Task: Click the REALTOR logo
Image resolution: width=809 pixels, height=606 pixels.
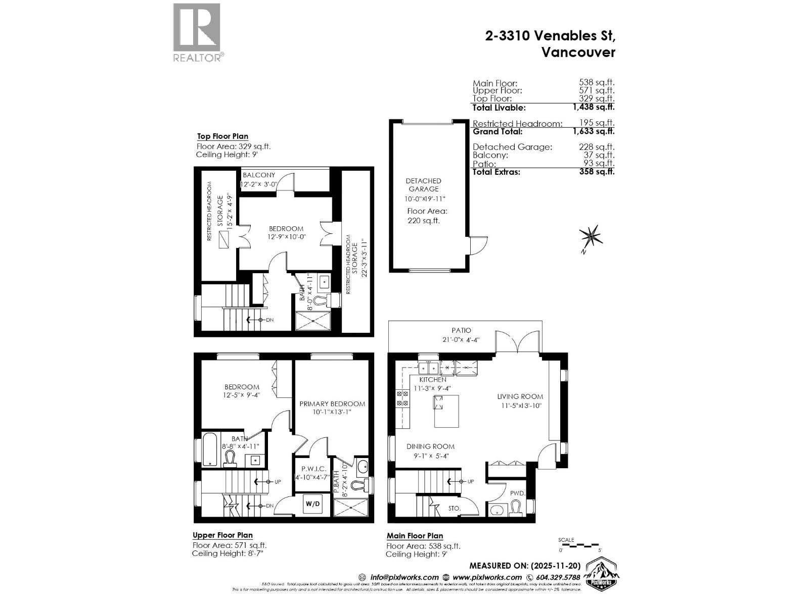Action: click(x=197, y=32)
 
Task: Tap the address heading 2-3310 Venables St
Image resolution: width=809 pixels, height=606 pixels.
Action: click(x=550, y=36)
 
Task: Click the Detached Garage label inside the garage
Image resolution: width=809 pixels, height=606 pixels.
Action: click(x=423, y=185)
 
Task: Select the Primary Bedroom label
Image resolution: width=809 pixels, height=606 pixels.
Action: click(x=332, y=403)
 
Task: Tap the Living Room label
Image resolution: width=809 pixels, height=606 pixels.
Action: click(x=520, y=396)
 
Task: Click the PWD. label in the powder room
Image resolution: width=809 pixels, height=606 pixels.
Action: click(x=518, y=493)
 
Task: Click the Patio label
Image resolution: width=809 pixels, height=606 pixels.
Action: click(x=462, y=330)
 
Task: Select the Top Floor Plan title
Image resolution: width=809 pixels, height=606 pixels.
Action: click(x=222, y=136)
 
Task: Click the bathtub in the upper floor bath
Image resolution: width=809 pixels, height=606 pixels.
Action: click(x=210, y=449)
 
